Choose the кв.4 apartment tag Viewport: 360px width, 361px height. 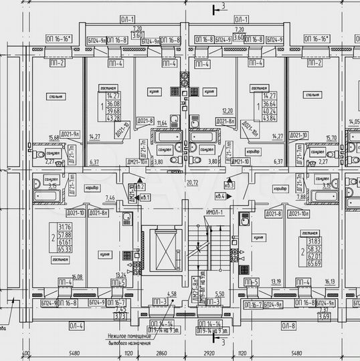click(220, 197)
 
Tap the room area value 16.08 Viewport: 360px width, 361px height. click(60, 275)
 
